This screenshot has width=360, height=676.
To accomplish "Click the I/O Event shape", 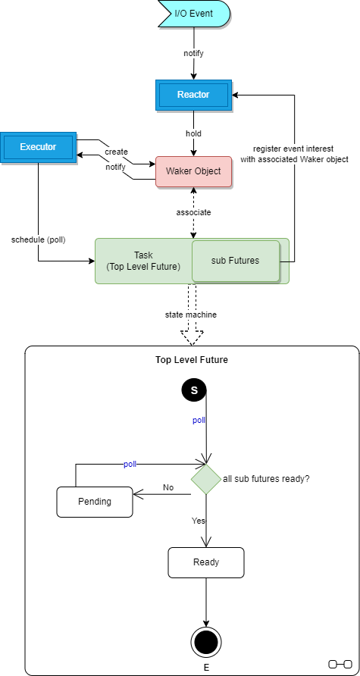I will pos(193,14).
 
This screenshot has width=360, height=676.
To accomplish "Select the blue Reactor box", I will pos(193,95).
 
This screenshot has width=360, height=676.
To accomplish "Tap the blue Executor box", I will pos(38,146).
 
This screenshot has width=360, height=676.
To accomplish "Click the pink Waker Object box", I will pos(193,171).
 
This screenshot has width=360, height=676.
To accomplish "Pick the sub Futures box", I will pos(235,261).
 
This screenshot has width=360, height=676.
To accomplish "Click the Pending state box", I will pos(95,502).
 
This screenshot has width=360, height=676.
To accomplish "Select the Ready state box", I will pos(206,562).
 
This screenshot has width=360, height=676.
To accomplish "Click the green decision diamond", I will pos(205,479).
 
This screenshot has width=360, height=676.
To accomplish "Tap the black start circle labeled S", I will pos(194,390).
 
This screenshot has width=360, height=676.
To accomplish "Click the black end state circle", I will pos(205,643).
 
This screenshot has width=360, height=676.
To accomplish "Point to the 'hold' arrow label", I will pos(193,133).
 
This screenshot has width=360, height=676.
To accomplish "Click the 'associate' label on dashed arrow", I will pos(193,212).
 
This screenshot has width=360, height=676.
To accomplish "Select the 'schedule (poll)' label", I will pos(39,239).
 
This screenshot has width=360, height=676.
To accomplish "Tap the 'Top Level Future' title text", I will pos(192,360).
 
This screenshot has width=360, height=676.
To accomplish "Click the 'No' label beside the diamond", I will pos(168,487).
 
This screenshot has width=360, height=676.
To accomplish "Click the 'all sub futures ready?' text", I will pos(266,479).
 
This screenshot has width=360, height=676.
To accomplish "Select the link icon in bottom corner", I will pos(340,664).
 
